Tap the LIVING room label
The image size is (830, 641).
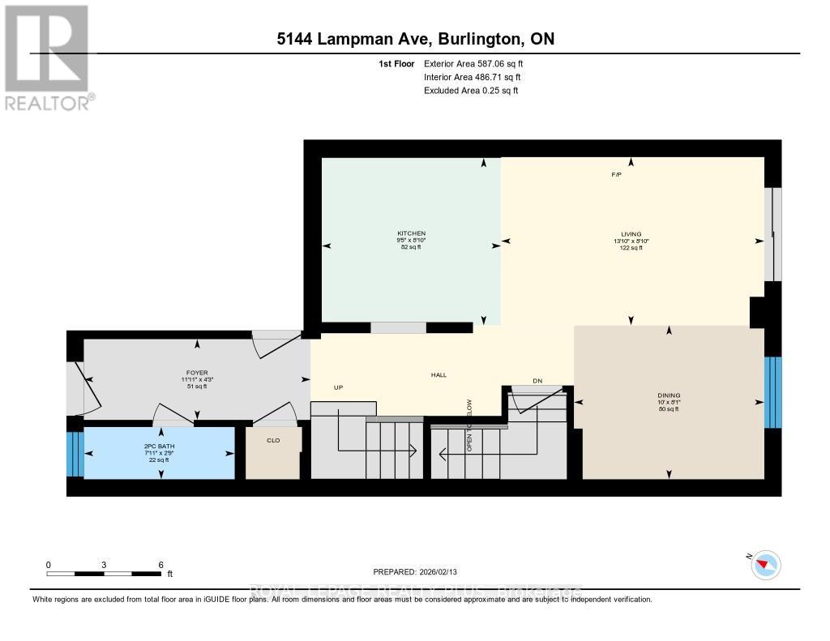631,233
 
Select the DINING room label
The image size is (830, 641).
669,396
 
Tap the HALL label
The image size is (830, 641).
439,374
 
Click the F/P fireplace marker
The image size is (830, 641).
616,176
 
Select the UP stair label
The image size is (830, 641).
339,387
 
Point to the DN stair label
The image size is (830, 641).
537,380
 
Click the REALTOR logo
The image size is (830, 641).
49,57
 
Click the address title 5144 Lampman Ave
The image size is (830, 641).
414,39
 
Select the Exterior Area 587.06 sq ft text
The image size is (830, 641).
479,63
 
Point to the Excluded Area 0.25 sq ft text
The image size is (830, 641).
471,91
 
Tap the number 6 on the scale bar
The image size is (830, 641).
160,564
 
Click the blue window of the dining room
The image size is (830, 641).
772,391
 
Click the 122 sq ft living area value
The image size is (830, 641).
631,248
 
